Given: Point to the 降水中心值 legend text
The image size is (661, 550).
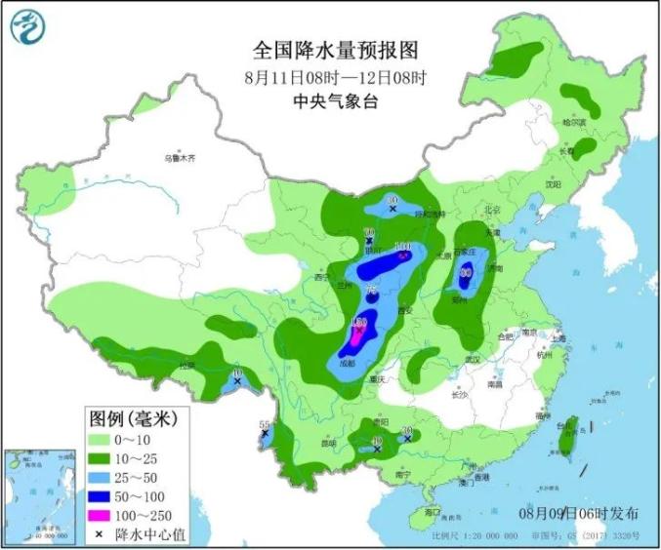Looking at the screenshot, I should tap(146, 534).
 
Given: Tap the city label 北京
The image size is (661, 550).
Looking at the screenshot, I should tap(491, 210).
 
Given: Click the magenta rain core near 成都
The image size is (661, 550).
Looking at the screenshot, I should tap(357, 332).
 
